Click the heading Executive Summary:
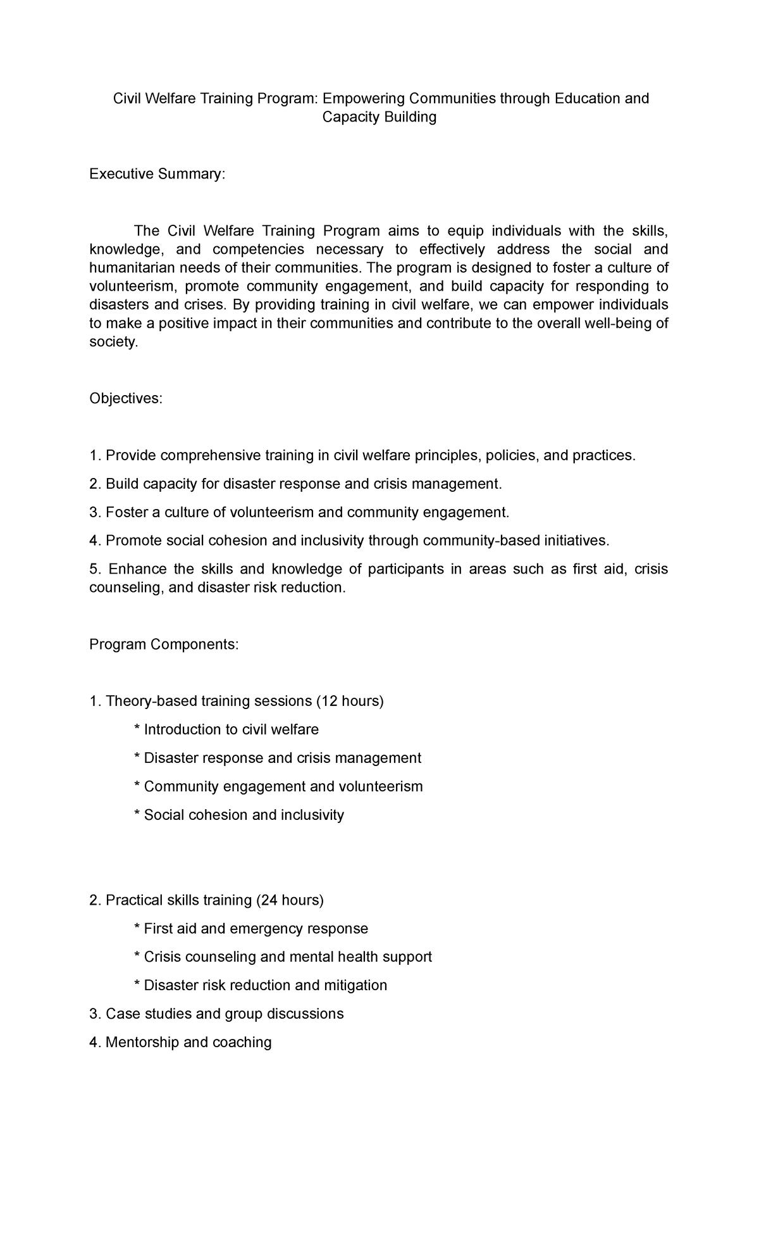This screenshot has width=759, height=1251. (157, 173)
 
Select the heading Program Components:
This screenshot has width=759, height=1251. (164, 644)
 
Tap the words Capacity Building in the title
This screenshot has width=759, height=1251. (379, 117)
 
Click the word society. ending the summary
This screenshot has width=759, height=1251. (113, 342)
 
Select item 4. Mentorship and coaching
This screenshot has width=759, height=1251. (180, 1042)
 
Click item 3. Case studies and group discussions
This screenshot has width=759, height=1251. (216, 1014)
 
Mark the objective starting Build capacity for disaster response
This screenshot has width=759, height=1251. (295, 484)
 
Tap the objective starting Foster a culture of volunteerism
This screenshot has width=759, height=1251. (299, 512)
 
